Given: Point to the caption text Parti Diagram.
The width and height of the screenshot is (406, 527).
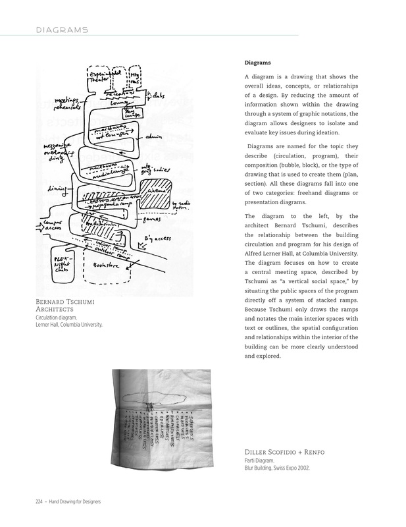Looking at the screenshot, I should (x=255, y=461).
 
